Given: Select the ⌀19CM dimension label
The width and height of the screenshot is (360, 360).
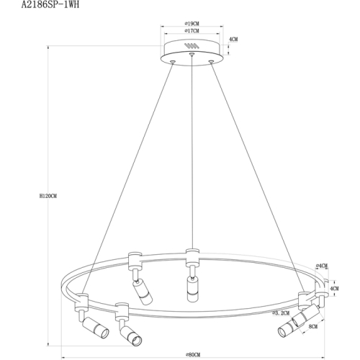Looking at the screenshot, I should (192, 24).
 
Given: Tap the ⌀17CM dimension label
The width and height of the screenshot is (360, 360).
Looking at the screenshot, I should (192, 32).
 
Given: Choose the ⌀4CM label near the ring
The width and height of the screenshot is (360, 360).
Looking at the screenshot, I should (322, 266).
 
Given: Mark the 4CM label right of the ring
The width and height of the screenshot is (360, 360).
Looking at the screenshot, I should (334, 289).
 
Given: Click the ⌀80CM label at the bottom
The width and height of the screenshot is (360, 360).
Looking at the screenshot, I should (192, 354).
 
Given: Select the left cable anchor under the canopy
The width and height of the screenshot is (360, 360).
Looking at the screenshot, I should (173, 63).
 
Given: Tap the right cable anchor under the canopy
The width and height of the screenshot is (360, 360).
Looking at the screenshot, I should (210, 63).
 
